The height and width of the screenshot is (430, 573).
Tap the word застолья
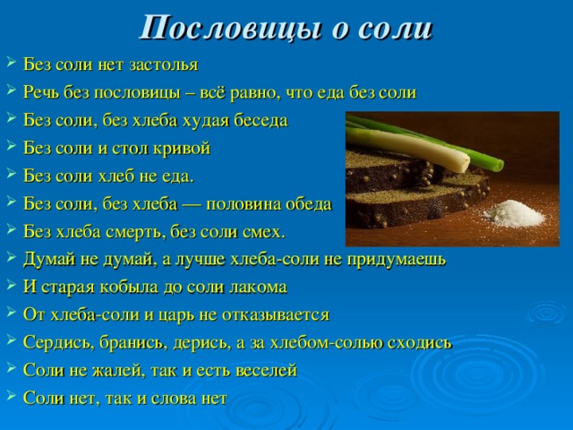tap(163, 65)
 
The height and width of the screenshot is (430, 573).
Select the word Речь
tap(41, 92)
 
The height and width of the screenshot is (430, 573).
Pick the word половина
tap(243, 204)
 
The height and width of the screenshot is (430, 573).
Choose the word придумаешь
tap(397, 260)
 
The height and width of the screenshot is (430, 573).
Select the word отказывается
tap(276, 314)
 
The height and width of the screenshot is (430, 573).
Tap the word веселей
tap(266, 370)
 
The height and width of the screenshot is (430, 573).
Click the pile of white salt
tap(516, 215)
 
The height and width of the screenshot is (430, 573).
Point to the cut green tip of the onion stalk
tap(499, 165)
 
